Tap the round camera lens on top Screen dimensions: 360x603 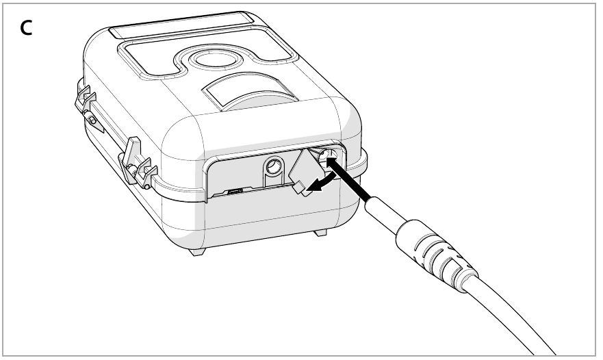[209, 58]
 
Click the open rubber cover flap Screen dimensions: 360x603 [303, 172]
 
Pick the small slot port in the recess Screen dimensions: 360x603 [235, 192]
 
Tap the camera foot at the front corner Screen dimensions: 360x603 [197, 251]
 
